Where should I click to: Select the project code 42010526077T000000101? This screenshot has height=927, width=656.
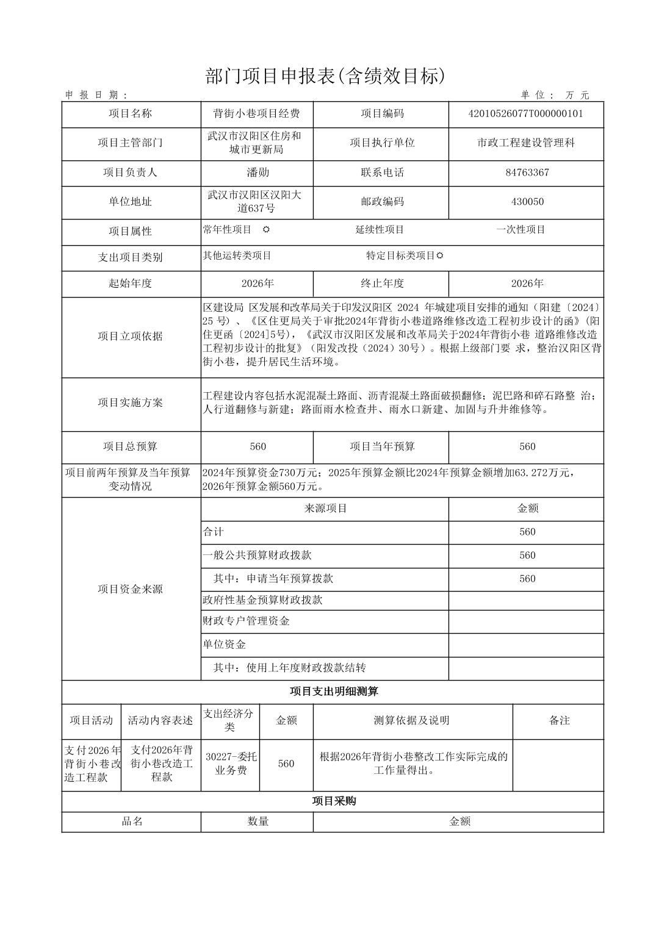click(525, 113)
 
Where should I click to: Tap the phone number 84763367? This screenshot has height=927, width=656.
click(527, 173)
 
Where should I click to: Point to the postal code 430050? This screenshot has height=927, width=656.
click(527, 202)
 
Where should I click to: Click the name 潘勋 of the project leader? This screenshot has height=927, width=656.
click(258, 173)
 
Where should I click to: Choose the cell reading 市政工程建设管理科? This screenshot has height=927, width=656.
click(526, 143)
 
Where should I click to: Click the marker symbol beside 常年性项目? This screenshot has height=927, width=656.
click(266, 230)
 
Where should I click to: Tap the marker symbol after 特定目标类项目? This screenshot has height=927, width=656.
click(440, 256)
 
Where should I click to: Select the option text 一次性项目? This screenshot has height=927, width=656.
click(521, 230)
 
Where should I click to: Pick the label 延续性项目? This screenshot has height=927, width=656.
click(380, 230)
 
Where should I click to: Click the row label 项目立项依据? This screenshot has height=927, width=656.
click(131, 336)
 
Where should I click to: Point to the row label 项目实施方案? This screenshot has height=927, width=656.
click(131, 403)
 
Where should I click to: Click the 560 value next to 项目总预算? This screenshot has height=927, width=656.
click(258, 446)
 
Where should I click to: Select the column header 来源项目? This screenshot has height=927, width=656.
click(325, 509)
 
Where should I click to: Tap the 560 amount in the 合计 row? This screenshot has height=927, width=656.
click(527, 532)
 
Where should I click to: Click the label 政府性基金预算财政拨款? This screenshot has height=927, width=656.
click(262, 600)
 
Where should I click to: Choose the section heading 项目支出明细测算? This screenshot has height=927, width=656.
click(333, 692)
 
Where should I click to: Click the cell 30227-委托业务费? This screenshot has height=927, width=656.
click(229, 764)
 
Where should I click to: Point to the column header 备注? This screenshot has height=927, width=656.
click(559, 720)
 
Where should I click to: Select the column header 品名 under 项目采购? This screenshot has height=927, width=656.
click(132, 821)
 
